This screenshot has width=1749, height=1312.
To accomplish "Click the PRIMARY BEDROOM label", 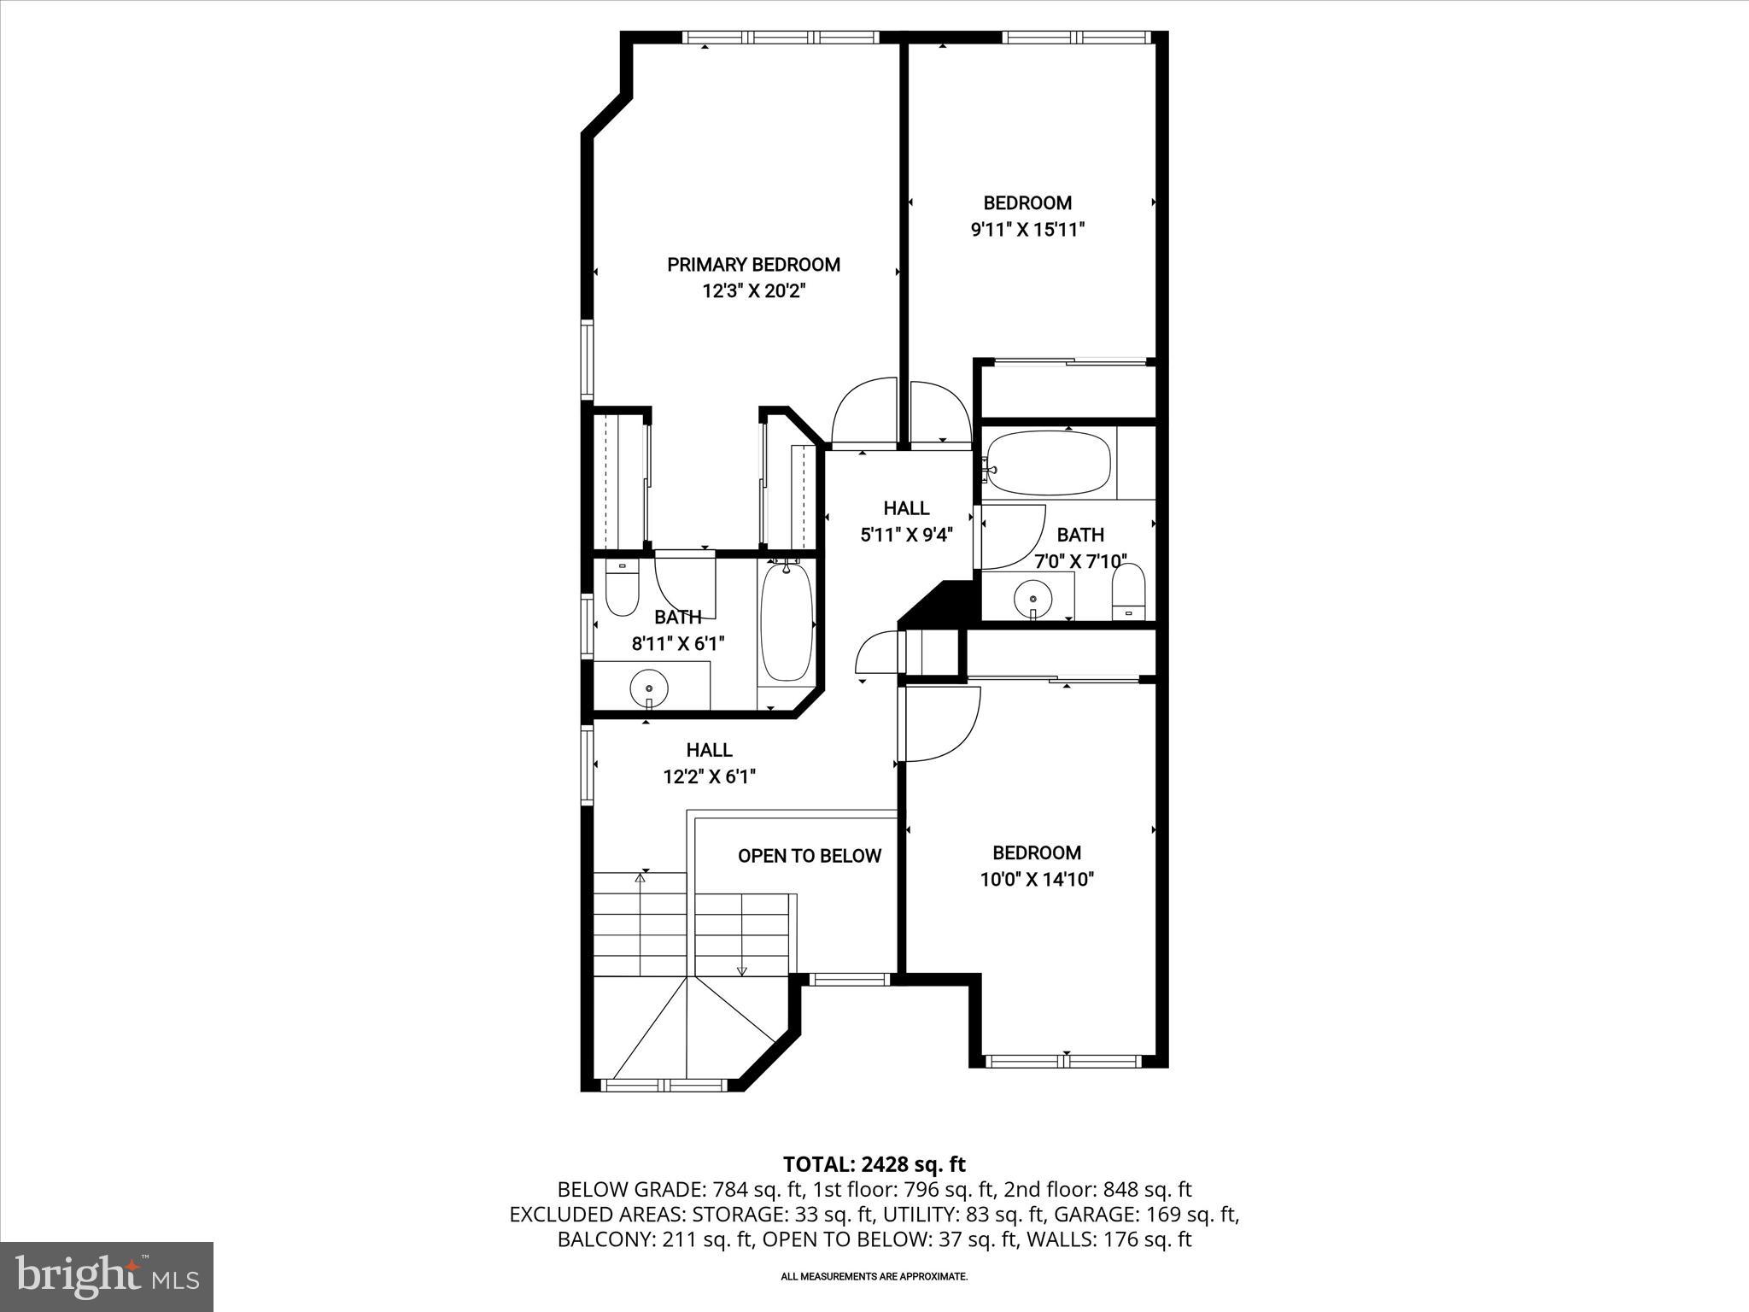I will [x=753, y=265].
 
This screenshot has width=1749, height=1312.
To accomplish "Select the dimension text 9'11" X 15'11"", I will [x=1027, y=230].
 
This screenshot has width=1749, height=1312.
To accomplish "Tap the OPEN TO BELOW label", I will [x=809, y=856].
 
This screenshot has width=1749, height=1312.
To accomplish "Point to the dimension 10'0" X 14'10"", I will [x=1037, y=880].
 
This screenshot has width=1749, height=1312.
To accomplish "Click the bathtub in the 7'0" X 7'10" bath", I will [x=1047, y=463].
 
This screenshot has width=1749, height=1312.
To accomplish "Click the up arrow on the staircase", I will [x=641, y=876].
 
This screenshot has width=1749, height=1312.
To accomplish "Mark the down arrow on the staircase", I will [x=741, y=969].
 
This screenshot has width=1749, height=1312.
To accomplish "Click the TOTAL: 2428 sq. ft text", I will [x=874, y=1164].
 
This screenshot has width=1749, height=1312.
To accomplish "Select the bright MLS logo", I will [x=107, y=1276].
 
